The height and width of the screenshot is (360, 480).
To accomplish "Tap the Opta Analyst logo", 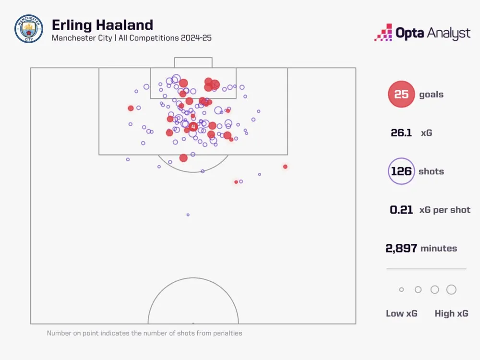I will tap(422, 33).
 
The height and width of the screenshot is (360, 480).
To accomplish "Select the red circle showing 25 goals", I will tap(401, 95).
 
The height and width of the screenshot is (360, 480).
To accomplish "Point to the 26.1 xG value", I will tap(401, 133).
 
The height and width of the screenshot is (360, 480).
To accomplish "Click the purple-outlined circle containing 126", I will tap(401, 171).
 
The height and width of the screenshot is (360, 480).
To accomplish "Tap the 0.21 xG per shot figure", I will tap(401, 210).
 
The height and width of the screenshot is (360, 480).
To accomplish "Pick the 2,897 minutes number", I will tap(401, 248).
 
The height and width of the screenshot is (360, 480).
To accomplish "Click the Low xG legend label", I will tap(401, 313).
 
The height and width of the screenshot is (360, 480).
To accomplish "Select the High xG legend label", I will tap(451, 313).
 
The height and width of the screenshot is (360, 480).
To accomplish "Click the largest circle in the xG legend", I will tap(451, 289).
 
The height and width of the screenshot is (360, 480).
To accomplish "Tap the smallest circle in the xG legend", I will tap(401, 290).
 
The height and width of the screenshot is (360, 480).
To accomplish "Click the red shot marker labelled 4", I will tap(193, 127).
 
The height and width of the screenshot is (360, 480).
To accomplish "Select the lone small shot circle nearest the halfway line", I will tap(188, 215).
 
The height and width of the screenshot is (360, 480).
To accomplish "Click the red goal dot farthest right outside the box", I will tap(285, 167).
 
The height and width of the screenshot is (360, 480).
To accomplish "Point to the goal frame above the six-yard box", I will tap(193, 62).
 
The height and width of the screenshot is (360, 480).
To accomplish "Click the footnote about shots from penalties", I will tap(144, 333).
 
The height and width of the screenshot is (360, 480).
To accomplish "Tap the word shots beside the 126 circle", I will tap(431, 171).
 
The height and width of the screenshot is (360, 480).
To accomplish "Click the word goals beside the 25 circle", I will tap(431, 95).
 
